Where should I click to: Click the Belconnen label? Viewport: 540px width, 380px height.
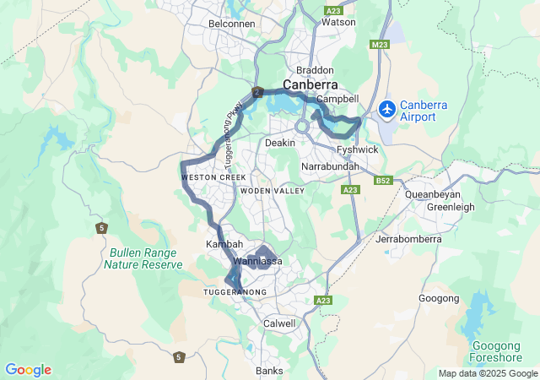pos(231,23)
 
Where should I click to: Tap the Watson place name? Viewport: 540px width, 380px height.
pos(338,23)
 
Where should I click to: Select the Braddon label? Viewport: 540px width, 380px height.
pos(315,70)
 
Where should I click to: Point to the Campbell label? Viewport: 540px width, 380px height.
pos(337,99)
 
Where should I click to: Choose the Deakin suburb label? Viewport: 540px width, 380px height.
pos(280,143)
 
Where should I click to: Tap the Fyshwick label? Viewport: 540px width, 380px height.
pos(357,149)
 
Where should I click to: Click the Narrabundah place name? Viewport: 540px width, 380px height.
pos(330,167)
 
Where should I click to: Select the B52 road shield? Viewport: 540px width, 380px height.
pos(384,180)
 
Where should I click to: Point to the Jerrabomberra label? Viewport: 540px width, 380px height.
pos(408,240)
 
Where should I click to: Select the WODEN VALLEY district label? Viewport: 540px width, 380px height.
pos(272,192)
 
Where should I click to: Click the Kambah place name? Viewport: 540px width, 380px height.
pos(224,244)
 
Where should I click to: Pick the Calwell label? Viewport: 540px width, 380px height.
pos(279,323)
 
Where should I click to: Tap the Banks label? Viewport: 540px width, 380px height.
pos(270,371)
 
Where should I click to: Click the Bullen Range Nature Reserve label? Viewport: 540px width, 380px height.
pos(143,258)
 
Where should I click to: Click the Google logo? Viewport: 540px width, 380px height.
pos(28,370)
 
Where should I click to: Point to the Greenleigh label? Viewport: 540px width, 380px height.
pos(451,207)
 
